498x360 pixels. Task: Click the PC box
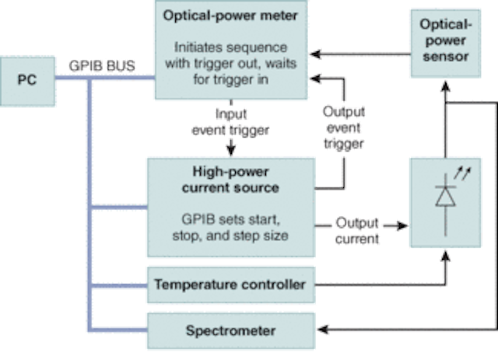(x=27, y=81)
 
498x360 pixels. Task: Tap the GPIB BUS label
(x=102, y=66)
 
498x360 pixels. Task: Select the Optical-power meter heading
(x=230, y=16)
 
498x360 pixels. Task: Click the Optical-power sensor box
(x=446, y=44)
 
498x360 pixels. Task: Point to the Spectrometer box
(x=231, y=330)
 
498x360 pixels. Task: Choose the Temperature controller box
(x=231, y=285)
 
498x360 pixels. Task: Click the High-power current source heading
(x=230, y=180)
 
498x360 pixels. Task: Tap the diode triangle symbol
(x=446, y=197)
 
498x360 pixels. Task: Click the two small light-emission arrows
(x=462, y=173)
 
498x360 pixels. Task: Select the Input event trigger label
(x=230, y=122)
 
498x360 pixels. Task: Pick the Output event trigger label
(x=344, y=128)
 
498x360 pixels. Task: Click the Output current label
(x=357, y=231)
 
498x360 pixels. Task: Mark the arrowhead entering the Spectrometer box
(x=322, y=330)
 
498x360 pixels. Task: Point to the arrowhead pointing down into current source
(x=231, y=151)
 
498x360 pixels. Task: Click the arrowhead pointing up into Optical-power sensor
(x=446, y=86)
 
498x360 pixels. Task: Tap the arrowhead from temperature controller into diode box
(x=446, y=256)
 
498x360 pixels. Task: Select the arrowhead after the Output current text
(x=402, y=226)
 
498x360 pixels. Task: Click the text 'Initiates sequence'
(x=230, y=47)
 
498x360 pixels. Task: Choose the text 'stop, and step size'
(x=230, y=236)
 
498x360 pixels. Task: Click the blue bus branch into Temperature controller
(x=119, y=285)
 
